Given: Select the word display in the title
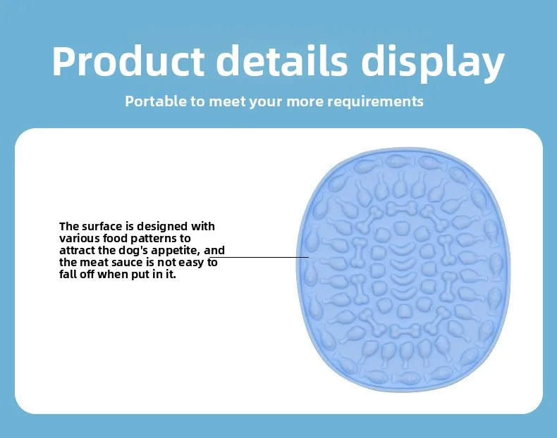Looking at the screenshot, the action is (x=433, y=63).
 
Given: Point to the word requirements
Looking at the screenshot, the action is (x=375, y=102).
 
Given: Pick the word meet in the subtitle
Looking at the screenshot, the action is (x=227, y=101).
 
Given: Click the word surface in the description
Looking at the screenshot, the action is (x=102, y=226).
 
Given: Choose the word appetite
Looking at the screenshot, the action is (x=176, y=251).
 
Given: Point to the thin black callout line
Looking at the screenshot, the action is (x=259, y=257).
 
